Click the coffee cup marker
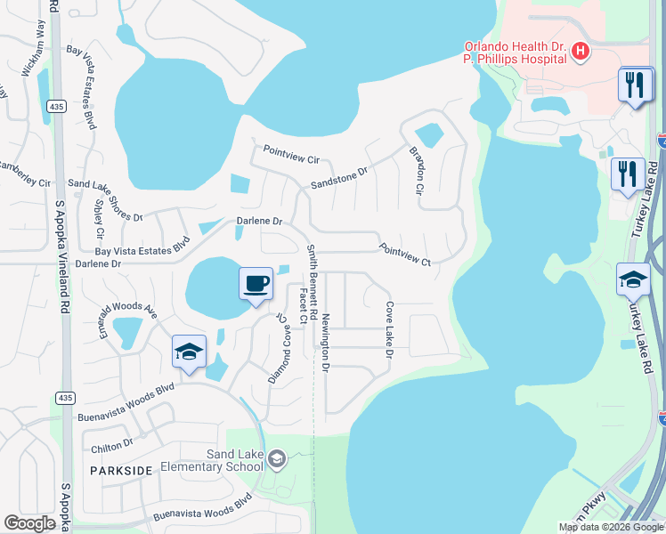click(x=256, y=284)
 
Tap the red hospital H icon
click(x=581, y=52)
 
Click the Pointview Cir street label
click(x=289, y=158)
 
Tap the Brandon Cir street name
click(x=416, y=171)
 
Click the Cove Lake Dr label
click(x=389, y=329)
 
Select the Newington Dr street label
click(x=326, y=343)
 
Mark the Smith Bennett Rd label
click(x=311, y=270)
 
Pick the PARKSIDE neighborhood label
click(x=114, y=468)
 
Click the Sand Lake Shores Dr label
click(x=105, y=198)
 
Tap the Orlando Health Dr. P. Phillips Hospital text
click(x=515, y=53)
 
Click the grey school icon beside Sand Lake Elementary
click(x=276, y=459)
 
